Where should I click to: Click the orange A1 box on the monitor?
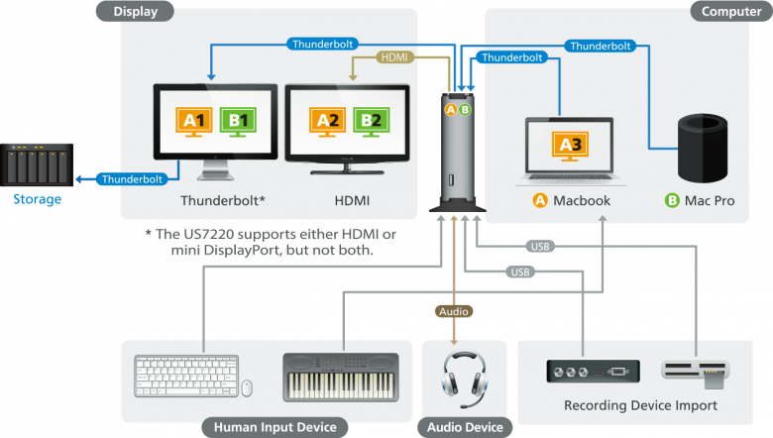(192, 121)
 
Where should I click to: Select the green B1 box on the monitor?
(238, 121)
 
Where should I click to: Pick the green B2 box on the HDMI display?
(369, 121)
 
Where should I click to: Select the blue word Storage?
(37, 199)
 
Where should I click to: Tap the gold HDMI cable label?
(394, 57)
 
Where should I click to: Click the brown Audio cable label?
(453, 310)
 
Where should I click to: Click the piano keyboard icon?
(341, 376)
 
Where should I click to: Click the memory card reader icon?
(697, 371)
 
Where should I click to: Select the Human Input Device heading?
(269, 428)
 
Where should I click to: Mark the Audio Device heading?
(464, 428)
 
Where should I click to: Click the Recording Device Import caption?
(640, 405)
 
